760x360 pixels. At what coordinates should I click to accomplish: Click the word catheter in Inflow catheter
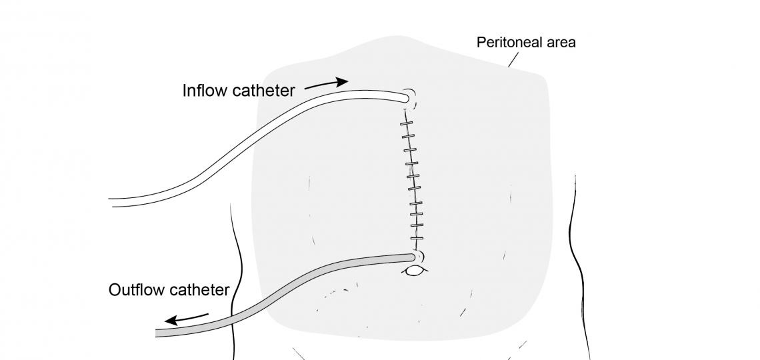(265, 91)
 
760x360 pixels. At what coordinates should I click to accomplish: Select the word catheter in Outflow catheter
(199, 290)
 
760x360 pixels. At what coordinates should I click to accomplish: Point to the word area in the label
(561, 43)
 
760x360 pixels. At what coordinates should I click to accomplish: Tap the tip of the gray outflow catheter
(411, 256)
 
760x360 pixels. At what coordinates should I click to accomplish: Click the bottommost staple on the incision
(417, 239)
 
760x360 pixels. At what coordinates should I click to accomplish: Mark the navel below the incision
(415, 271)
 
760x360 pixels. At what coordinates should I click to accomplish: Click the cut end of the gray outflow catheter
(158, 331)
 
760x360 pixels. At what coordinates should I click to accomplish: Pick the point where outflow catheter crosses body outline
(233, 311)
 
